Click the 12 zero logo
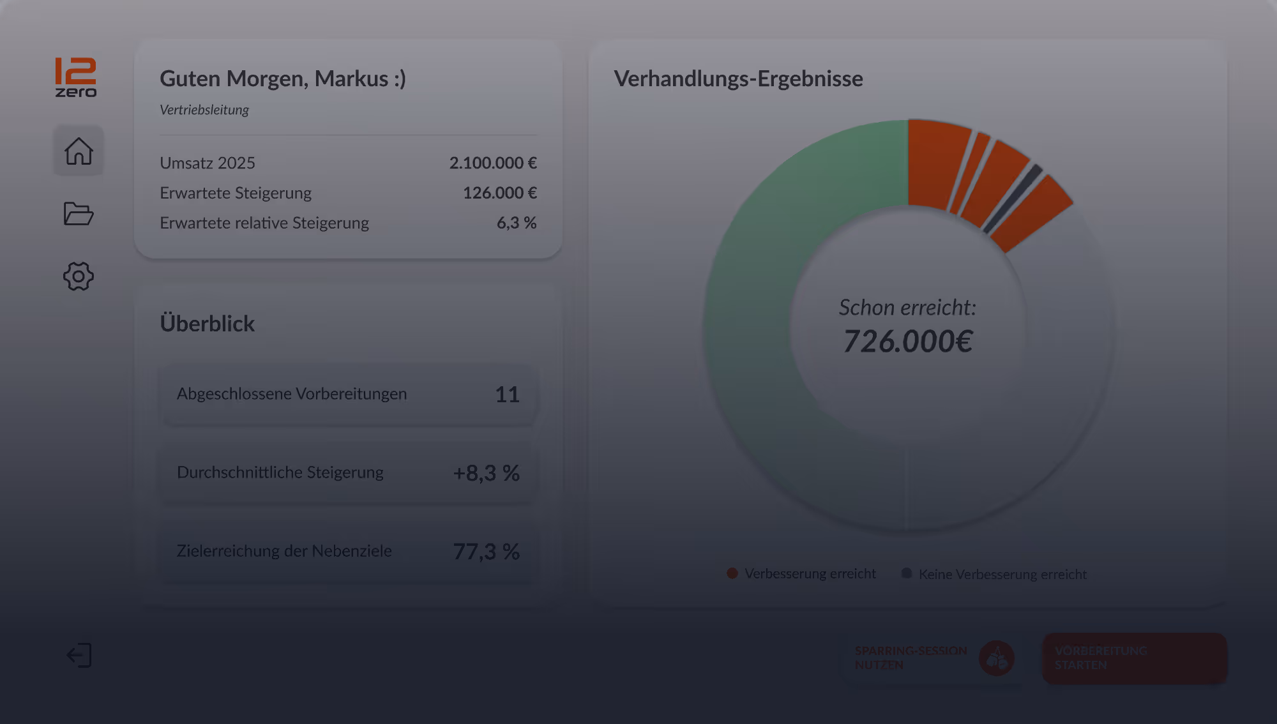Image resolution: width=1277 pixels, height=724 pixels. [x=75, y=77]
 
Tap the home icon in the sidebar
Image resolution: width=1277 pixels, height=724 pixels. [x=79, y=151]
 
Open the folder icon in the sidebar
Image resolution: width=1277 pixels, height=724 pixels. [x=79, y=213]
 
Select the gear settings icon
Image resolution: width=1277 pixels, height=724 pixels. [x=79, y=276]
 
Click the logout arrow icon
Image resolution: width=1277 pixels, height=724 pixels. [x=79, y=656]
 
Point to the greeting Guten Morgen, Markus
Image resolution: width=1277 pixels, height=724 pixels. [x=282, y=79]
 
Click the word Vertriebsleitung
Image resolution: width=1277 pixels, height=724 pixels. [x=204, y=110]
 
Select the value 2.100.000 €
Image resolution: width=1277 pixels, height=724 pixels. [x=492, y=163]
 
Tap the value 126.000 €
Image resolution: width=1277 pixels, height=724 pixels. [x=499, y=193]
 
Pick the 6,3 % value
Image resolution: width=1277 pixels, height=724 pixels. [x=516, y=223]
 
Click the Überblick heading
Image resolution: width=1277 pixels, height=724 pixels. [x=207, y=324]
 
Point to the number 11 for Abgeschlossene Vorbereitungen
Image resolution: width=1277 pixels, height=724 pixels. [x=507, y=395]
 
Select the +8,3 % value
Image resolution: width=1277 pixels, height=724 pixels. [x=486, y=473]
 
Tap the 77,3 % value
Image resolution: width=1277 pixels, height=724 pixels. [x=486, y=552]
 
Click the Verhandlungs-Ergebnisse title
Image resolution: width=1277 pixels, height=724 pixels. [x=738, y=79]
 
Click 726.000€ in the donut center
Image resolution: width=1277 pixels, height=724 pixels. [x=907, y=342]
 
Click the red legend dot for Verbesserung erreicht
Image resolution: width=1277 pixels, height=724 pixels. [x=732, y=573]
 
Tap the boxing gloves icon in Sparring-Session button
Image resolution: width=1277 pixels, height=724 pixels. [x=997, y=658]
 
